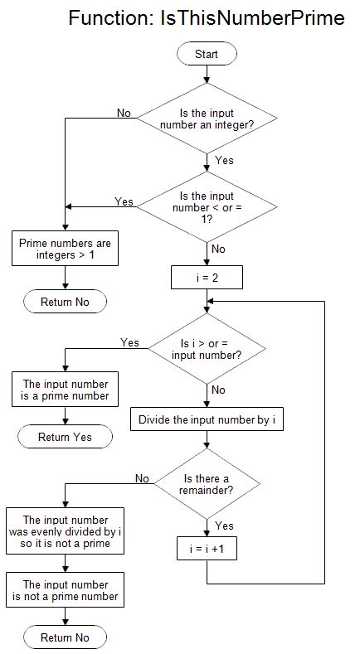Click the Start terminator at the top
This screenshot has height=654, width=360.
click(207, 54)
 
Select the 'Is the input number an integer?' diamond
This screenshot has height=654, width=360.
click(207, 119)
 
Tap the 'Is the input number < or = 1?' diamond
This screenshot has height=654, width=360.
click(207, 206)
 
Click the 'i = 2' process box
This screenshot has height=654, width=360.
click(207, 278)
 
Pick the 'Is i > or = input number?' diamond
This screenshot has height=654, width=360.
click(207, 349)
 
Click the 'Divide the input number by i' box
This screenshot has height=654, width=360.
click(207, 420)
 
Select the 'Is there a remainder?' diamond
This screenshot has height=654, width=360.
click(207, 484)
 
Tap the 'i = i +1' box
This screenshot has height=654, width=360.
click(207, 550)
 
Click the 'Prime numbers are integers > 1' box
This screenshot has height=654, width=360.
click(65, 249)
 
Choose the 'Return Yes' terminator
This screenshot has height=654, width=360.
click(65, 437)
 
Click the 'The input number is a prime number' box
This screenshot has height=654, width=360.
click(65, 390)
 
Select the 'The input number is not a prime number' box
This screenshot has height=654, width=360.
click(65, 590)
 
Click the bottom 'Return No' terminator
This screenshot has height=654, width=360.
click(65, 637)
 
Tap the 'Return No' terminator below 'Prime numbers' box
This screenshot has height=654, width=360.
click(65, 302)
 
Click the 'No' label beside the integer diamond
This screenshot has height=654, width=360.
click(124, 113)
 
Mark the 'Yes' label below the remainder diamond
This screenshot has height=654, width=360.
click(224, 526)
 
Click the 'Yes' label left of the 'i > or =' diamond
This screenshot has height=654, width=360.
click(129, 342)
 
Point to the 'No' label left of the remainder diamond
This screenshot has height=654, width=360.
click(142, 478)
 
